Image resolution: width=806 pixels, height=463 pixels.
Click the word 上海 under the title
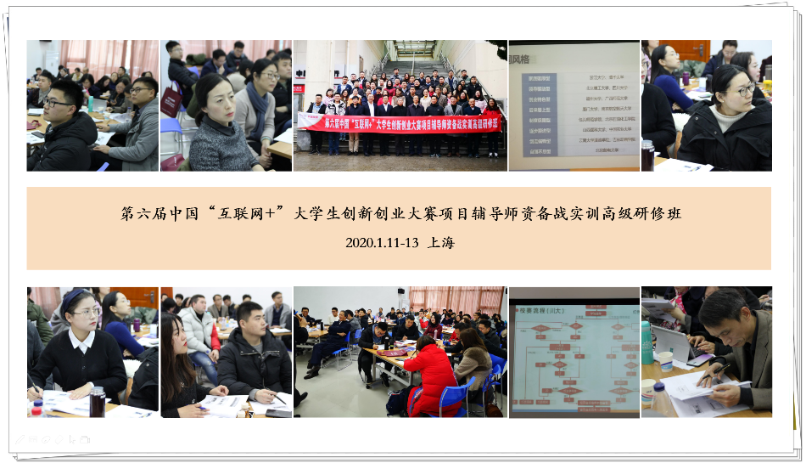pyautogui.click(x=442, y=242)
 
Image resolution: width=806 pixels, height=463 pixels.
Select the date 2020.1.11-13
pyautogui.click(x=382, y=242)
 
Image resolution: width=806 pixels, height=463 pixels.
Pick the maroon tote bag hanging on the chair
pyautogui.click(x=171, y=100)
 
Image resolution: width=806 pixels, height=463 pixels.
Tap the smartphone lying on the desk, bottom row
pyautogui.click(x=277, y=412)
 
